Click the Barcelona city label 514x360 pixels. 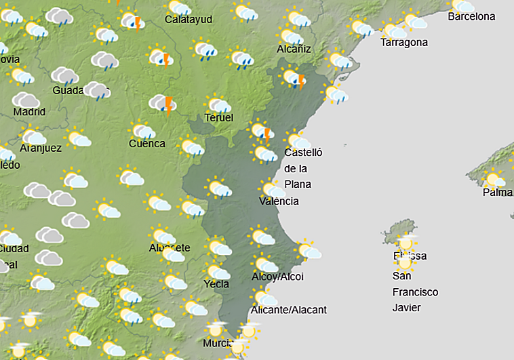pos(471,16)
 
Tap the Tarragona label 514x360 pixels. pos(404,42)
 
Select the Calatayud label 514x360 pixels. pos(189,19)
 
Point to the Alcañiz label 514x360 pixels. pos(294,48)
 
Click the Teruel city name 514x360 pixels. pos(219,118)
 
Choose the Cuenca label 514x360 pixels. pos(147,143)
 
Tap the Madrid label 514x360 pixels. pos(29,112)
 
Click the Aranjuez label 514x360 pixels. pos(41,148)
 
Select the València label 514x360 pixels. pos(279,201)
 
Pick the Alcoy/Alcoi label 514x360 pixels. pos(277,277)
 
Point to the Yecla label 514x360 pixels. pos(216,284)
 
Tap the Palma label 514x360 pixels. pos(497,193)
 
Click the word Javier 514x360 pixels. pos(407,307)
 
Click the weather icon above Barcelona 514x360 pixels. pos(463,5)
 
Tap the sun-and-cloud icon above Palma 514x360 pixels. pos(494,180)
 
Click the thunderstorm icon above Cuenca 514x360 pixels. pos(163,104)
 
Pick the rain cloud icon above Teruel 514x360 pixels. pos(218,105)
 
